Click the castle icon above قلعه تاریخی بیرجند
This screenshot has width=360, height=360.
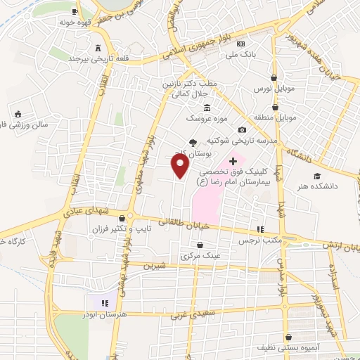(97, 47)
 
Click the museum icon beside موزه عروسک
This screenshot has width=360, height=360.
(206, 108)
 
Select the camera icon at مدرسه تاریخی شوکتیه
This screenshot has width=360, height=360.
(243, 129)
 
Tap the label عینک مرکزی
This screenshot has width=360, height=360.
(201, 256)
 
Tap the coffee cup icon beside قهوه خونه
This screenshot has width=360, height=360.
(75, 12)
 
